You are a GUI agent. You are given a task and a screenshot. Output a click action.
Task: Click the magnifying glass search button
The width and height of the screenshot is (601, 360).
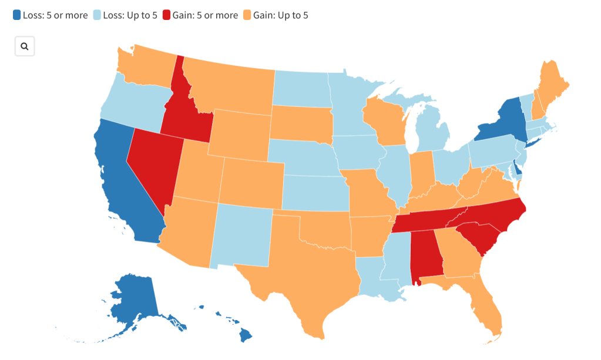coord(25,46)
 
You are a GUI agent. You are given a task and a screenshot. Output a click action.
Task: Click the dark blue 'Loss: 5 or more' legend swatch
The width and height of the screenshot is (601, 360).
coord(17,15)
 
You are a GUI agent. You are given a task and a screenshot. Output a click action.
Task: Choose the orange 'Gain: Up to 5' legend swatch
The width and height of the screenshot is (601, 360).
coord(246,15)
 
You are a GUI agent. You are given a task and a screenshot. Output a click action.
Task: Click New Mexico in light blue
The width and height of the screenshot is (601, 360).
coord(241,235)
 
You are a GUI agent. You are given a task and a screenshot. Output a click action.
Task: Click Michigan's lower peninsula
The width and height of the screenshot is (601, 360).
coord(435,132)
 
